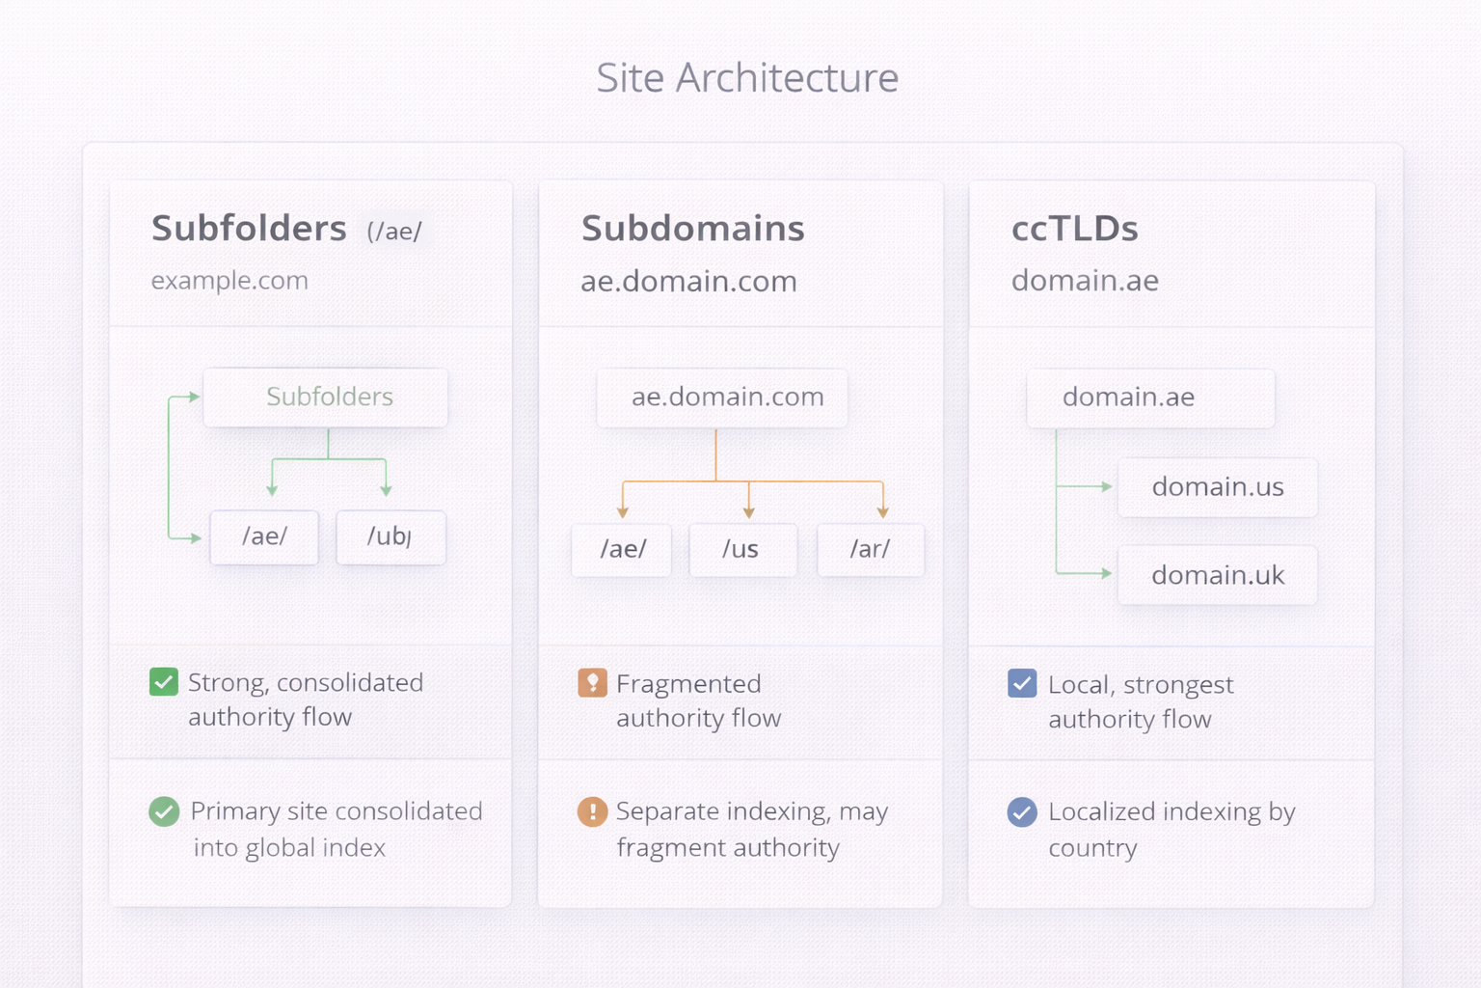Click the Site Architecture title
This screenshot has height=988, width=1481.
pos(746,78)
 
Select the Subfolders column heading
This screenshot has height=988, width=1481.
pos(249,229)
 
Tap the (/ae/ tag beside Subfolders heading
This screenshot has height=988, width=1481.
pos(393,232)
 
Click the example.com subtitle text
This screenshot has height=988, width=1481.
pos(229,281)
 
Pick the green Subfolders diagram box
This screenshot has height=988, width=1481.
pos(326,398)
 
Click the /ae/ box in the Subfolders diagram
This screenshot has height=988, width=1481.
pos(264,536)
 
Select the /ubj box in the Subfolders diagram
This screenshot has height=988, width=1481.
pos(390,536)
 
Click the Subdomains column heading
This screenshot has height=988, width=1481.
pos(692,229)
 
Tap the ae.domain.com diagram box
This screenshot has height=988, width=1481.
pos(722,398)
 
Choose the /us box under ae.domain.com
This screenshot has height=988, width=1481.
pos(742,549)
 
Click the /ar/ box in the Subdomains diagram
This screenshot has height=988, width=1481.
pos(870,549)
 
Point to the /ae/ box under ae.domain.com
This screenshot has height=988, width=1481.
pos(622,549)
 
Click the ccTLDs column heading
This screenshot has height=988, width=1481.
pos(1074,229)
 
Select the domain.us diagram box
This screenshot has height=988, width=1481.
pos(1217,487)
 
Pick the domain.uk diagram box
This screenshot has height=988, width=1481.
pos(1217,576)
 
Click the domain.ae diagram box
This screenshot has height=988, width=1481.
pos(1150,398)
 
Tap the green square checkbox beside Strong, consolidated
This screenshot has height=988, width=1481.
pos(164,682)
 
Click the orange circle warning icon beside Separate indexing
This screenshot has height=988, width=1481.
pos(592,811)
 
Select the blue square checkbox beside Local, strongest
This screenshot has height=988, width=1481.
pos(1022,683)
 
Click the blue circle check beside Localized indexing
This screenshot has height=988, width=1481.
pos(1022,811)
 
